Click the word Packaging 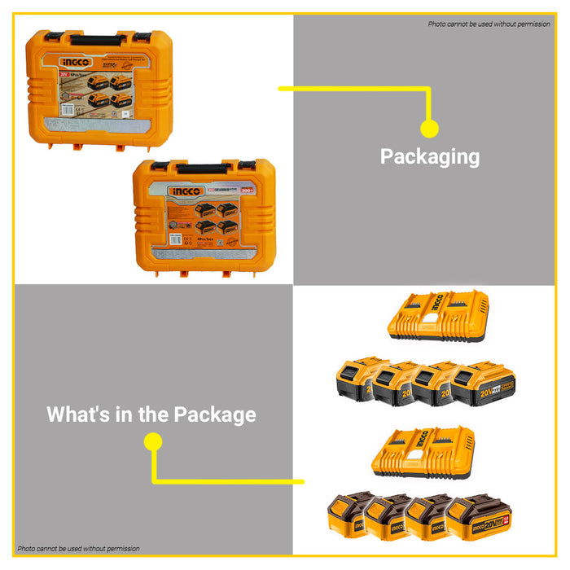(x=429, y=156)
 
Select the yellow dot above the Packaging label (x=429, y=128)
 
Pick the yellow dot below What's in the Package (x=153, y=441)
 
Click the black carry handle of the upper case (x=98, y=39)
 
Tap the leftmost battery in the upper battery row (x=358, y=379)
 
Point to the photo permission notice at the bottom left (x=78, y=548)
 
